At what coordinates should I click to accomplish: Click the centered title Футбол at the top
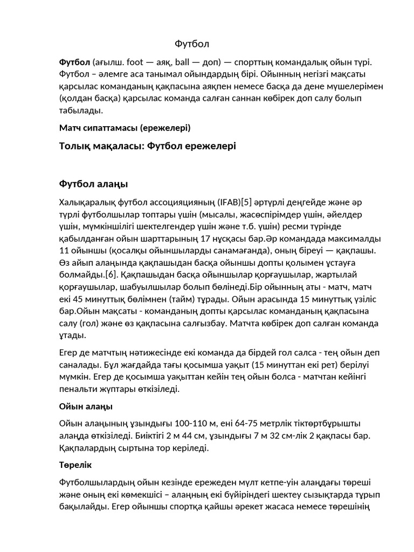pos(192,44)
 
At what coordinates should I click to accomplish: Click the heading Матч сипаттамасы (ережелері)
pos(125,128)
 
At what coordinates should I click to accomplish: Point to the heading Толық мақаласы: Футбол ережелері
pos(147,146)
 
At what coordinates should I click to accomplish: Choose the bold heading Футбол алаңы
pos(93,184)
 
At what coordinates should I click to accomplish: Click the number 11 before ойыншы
pos(64,250)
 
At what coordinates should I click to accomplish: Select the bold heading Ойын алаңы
pos(86,406)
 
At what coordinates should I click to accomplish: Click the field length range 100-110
pos(179,424)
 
